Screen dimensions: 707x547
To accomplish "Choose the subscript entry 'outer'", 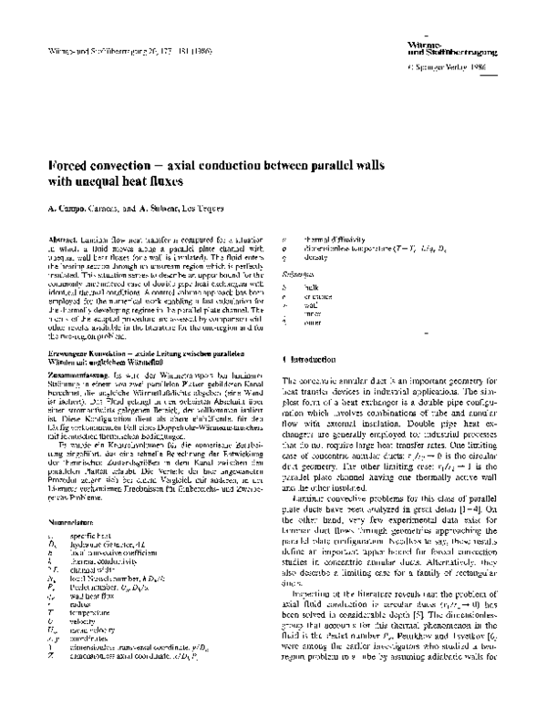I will (319, 323).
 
